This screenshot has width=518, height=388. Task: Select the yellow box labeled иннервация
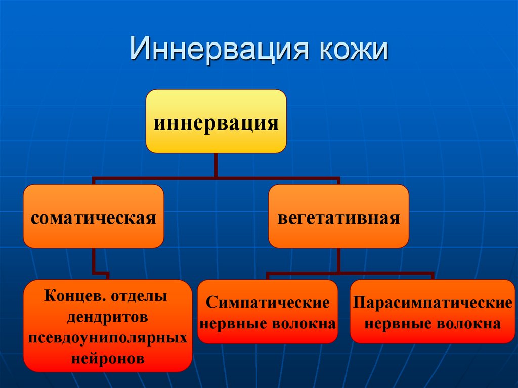[216, 121]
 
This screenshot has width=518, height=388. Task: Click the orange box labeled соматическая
[93, 217]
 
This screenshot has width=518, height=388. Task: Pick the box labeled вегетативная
[338, 217]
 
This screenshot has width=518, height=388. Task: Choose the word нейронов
[107, 359]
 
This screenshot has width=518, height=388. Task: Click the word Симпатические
[268, 303]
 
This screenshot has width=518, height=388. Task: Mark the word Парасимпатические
[433, 303]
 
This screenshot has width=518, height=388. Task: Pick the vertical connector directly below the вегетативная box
[338, 260]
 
